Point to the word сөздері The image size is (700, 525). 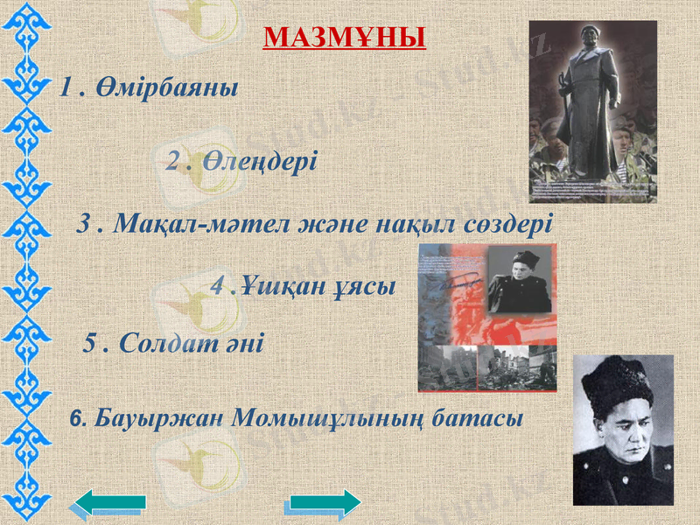[x=507, y=223]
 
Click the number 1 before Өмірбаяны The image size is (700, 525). [x=64, y=87]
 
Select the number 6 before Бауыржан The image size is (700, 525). [x=73, y=419]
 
